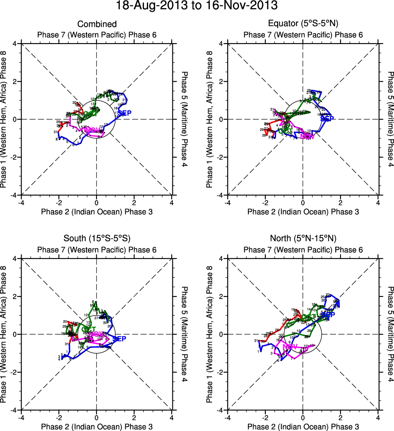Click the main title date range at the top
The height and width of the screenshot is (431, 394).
(197, 6)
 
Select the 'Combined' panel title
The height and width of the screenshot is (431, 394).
(97, 24)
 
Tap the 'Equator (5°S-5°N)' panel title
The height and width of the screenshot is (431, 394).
(303, 24)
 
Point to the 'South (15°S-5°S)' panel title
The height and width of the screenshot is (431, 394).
(97, 238)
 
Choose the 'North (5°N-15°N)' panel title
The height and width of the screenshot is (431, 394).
(303, 238)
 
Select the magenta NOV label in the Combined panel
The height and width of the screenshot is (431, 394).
(92, 130)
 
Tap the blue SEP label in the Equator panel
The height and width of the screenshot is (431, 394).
(327, 119)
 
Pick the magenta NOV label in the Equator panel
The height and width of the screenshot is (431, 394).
(307, 137)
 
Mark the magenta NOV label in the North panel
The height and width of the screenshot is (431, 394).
(290, 346)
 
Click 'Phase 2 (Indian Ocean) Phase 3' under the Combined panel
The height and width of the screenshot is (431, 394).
(97, 211)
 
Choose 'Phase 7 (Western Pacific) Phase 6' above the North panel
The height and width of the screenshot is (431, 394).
(303, 250)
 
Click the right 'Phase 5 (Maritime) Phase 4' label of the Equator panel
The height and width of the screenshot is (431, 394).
(390, 119)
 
